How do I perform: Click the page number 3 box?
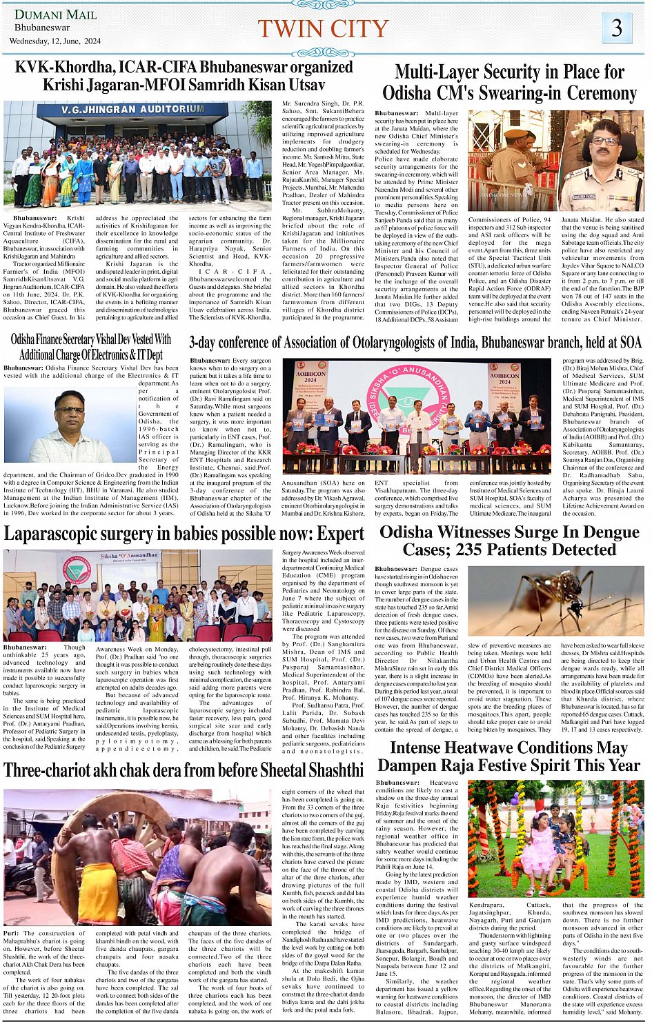(616, 28)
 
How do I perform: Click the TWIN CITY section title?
(323, 28)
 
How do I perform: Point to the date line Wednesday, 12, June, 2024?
(55, 41)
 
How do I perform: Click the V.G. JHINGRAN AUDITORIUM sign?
(132, 110)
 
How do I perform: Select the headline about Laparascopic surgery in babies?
(184, 533)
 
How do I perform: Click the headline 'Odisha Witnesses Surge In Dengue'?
(510, 532)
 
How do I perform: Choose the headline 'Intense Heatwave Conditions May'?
(508, 748)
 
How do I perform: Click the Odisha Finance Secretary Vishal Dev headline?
(91, 339)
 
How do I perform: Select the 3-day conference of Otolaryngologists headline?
(415, 342)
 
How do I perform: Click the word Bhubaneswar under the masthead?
(42, 28)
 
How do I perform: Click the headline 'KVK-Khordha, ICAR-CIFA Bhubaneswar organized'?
(184, 68)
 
